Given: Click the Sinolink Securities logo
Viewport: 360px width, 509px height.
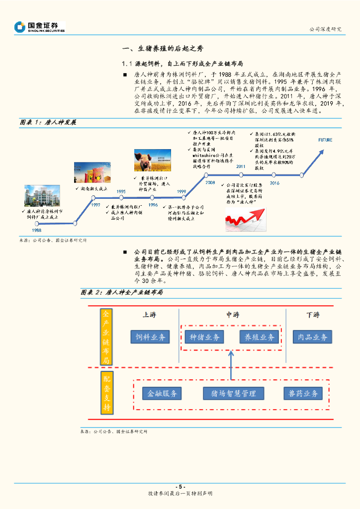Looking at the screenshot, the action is coord(40,27).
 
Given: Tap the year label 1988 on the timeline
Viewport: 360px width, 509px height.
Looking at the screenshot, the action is coord(37,230).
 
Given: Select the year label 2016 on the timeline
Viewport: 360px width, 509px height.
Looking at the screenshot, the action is coord(274,183).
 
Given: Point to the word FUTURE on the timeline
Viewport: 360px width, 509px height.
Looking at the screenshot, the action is coord(325,140).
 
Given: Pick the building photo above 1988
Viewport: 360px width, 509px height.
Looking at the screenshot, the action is coord(42,196).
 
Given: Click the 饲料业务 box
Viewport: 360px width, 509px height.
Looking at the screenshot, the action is coord(150,337).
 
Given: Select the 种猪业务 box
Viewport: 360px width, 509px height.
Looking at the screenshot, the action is coord(205,337).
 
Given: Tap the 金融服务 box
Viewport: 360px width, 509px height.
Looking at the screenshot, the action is coord(162,393).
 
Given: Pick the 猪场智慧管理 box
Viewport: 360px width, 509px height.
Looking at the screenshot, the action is coord(233,393).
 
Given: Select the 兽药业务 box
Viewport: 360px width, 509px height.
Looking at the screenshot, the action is coord(303,393).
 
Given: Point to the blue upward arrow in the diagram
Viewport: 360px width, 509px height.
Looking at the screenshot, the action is coord(231,365).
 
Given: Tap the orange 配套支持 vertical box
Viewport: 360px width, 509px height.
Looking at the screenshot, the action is coord(107,393).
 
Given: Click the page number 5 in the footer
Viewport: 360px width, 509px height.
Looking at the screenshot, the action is coord(180,487).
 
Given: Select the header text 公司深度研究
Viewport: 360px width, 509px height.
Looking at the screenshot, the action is coord(325,29).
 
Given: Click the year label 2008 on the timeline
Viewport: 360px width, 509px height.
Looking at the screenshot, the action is coord(210,183).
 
